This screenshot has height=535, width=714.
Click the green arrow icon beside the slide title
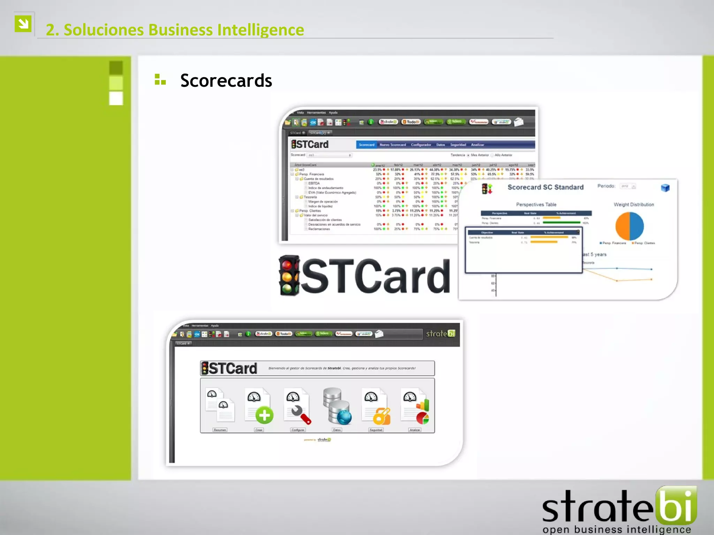(23, 24)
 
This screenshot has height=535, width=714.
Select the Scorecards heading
(226, 81)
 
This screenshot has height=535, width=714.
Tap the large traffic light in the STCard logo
(289, 276)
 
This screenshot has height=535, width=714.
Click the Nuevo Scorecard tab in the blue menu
(393, 145)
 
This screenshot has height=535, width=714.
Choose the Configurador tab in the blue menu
(421, 145)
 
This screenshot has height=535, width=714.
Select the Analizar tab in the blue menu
(477, 145)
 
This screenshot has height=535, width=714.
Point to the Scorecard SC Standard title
(545, 187)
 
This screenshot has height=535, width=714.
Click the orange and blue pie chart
(629, 226)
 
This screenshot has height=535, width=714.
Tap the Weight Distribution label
(633, 205)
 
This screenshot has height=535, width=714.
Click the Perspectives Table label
(536, 205)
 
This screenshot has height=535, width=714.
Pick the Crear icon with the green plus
(259, 406)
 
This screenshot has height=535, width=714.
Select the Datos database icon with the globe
(337, 406)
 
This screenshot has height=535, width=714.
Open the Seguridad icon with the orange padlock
(376, 406)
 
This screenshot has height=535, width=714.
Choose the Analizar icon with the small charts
(416, 406)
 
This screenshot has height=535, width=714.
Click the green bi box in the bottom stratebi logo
(676, 505)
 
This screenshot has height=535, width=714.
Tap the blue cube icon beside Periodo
(665, 188)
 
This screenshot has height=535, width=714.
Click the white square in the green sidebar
(116, 99)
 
